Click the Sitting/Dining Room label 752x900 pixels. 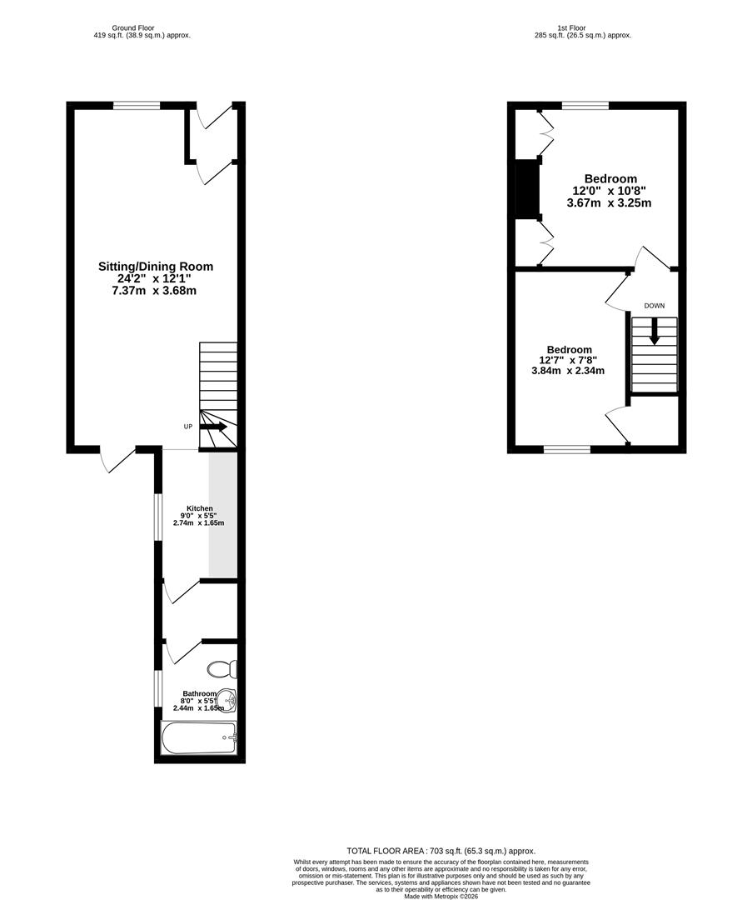click(156, 267)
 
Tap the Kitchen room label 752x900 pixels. click(199, 508)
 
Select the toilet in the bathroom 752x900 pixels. click(223, 669)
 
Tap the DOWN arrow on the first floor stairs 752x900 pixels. click(655, 332)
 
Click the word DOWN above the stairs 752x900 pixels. click(654, 306)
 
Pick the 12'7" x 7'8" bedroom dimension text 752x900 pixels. click(568, 360)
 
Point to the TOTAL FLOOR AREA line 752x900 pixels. click(441, 851)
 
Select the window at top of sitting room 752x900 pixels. click(137, 105)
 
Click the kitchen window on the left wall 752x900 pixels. click(157, 517)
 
